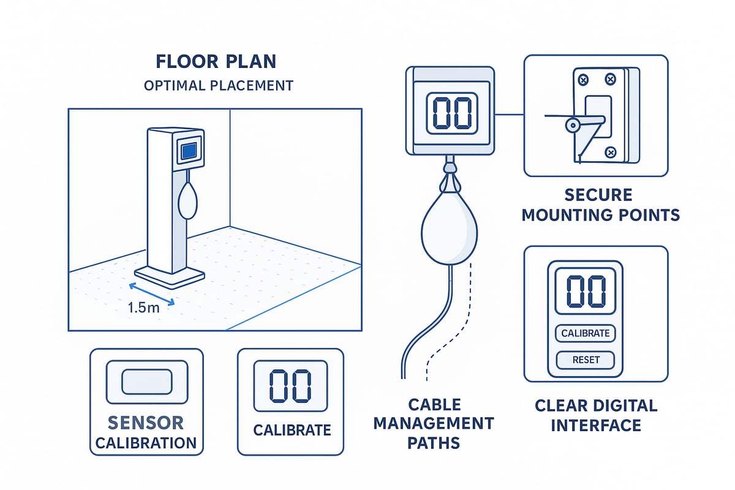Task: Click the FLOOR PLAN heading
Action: tap(216, 62)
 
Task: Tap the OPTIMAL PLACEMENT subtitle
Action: tap(219, 85)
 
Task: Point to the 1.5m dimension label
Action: tap(144, 307)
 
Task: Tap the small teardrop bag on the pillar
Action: tap(188, 199)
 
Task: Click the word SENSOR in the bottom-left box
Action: tap(146, 423)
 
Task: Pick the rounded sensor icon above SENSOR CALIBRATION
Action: tap(146, 382)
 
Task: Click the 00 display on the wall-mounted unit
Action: tap(453, 112)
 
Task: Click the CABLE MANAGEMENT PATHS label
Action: tap(451, 423)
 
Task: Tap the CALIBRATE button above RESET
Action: tap(586, 333)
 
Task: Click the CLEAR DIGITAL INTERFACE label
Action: tap(595, 415)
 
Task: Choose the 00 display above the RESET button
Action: tap(586, 291)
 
